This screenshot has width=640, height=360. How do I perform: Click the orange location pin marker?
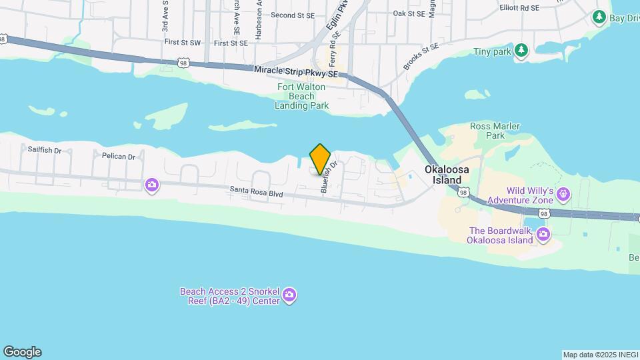(x=321, y=159)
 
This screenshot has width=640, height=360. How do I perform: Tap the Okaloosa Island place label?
(x=447, y=175)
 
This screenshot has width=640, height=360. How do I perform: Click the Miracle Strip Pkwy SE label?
(x=296, y=71)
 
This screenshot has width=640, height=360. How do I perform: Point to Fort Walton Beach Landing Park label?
(x=301, y=96)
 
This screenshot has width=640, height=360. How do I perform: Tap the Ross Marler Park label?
(x=495, y=131)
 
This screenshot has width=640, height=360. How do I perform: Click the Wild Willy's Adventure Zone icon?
(x=564, y=194)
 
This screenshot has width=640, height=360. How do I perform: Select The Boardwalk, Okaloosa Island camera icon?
(x=543, y=233)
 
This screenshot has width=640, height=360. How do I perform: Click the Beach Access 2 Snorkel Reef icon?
(x=289, y=295)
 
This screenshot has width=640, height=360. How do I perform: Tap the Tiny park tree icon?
(x=521, y=51)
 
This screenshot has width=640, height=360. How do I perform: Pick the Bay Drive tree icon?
(x=599, y=16)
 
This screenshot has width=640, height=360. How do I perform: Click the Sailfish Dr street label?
(x=45, y=151)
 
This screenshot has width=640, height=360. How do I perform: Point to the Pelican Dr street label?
(x=119, y=157)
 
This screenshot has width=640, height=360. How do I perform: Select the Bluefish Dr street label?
(x=325, y=176)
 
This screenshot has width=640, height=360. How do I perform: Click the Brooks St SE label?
(x=421, y=57)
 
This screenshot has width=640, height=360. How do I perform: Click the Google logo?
(x=22, y=352)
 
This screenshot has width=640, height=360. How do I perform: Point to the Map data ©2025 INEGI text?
(x=599, y=355)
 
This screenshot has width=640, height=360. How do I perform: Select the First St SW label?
(x=182, y=43)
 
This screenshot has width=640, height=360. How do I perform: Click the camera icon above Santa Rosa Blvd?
(x=152, y=185)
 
